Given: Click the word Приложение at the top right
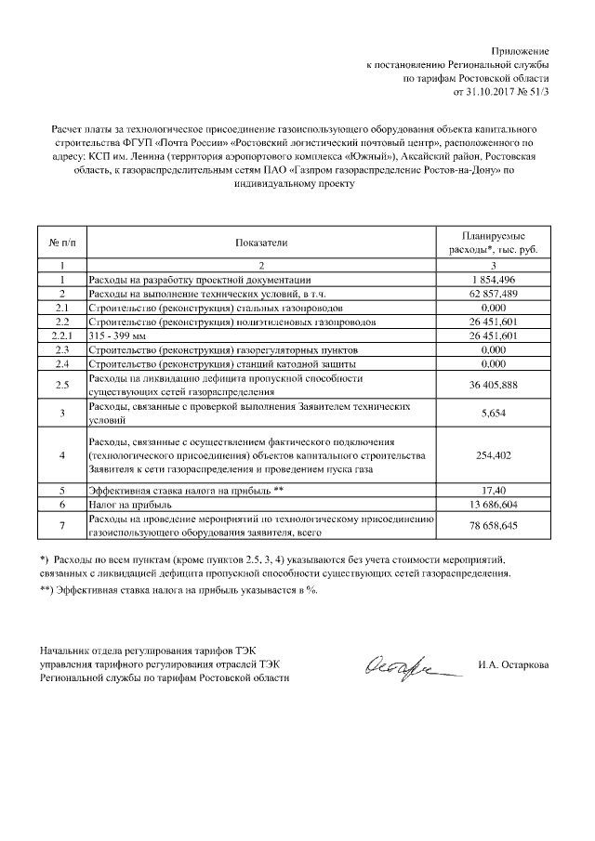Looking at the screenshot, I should tap(521, 50).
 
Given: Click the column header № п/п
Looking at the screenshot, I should tap(61, 243).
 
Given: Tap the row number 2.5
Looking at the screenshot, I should tap(61, 385).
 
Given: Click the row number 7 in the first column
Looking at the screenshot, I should tap(61, 525).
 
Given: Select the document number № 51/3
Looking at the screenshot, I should tap(535, 93).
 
